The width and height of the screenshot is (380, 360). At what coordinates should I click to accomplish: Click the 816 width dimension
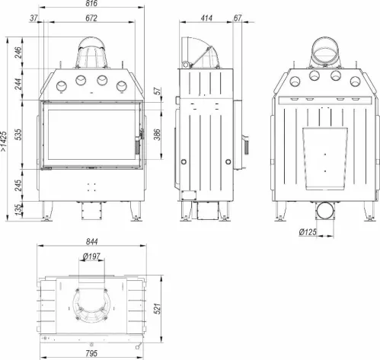(91, 3)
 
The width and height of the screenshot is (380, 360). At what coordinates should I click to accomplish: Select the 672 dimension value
(91, 18)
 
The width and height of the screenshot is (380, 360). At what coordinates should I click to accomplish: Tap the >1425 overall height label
(4, 142)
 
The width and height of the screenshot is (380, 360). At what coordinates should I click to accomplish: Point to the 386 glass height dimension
(158, 135)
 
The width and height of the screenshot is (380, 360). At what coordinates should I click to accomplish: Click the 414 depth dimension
(206, 18)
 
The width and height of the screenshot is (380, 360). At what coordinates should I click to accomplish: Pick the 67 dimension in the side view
(238, 18)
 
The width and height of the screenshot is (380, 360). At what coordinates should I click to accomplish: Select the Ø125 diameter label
(308, 231)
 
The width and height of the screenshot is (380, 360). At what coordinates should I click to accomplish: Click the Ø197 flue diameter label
(91, 256)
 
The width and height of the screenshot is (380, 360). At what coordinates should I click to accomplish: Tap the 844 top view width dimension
(91, 241)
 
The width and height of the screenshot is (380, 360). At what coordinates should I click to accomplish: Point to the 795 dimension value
(91, 353)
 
